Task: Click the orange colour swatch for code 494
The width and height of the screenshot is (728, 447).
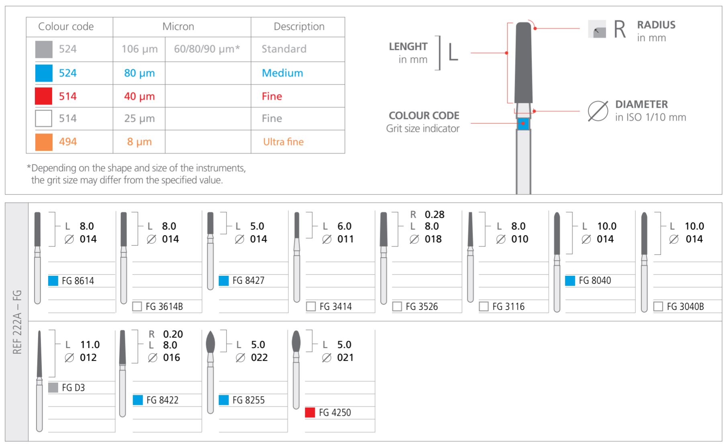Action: click(x=44, y=142)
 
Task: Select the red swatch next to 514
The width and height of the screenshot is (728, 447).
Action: click(x=44, y=96)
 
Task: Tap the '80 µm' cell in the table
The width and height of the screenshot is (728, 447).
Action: click(x=139, y=73)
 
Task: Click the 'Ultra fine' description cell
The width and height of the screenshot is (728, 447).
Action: click(x=283, y=142)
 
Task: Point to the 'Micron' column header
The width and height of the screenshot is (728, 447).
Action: click(x=178, y=27)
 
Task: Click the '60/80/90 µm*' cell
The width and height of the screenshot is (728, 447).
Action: click(x=207, y=49)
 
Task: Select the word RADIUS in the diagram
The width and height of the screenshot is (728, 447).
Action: click(x=656, y=25)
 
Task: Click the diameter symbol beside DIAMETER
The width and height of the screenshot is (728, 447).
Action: click(x=597, y=111)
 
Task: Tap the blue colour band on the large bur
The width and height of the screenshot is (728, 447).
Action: click(x=523, y=124)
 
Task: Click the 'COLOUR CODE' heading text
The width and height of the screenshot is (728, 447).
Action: click(x=424, y=116)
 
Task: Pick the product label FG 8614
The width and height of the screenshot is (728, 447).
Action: click(x=78, y=281)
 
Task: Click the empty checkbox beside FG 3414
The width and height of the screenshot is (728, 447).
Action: click(x=311, y=307)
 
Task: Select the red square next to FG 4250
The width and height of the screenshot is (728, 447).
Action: click(x=310, y=412)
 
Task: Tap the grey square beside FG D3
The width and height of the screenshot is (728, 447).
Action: click(x=53, y=388)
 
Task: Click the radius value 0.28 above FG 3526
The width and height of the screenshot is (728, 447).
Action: click(x=434, y=215)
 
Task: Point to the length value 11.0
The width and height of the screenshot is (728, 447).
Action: click(x=90, y=345)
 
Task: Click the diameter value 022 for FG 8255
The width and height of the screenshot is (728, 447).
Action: click(x=259, y=357)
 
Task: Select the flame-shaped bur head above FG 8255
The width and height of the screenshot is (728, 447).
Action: click(x=210, y=342)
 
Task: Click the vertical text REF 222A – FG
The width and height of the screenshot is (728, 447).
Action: click(x=17, y=322)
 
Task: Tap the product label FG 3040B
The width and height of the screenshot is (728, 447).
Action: click(x=685, y=307)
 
